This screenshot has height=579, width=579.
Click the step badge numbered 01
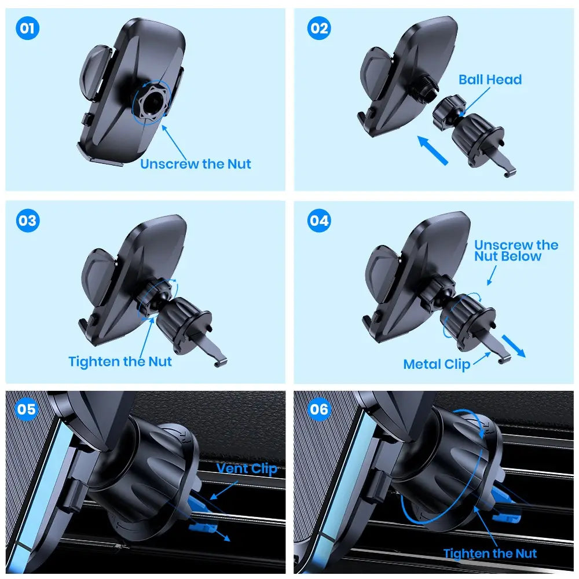(27, 29)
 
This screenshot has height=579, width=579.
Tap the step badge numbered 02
(318, 29)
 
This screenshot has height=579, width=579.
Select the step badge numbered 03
(28, 221)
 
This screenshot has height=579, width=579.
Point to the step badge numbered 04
(318, 221)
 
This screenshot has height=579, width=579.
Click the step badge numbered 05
(27, 410)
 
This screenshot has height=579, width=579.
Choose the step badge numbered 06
(318, 410)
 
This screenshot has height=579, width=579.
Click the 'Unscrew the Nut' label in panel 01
(196, 164)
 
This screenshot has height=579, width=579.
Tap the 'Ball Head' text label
(490, 80)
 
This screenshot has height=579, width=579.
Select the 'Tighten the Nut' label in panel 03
(120, 362)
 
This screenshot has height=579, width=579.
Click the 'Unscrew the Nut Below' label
(515, 251)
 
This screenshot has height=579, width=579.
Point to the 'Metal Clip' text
(437, 364)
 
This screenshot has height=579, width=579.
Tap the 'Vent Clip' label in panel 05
(247, 468)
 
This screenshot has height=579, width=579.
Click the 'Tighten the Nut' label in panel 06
(490, 554)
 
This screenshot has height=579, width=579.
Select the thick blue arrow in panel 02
(433, 149)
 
